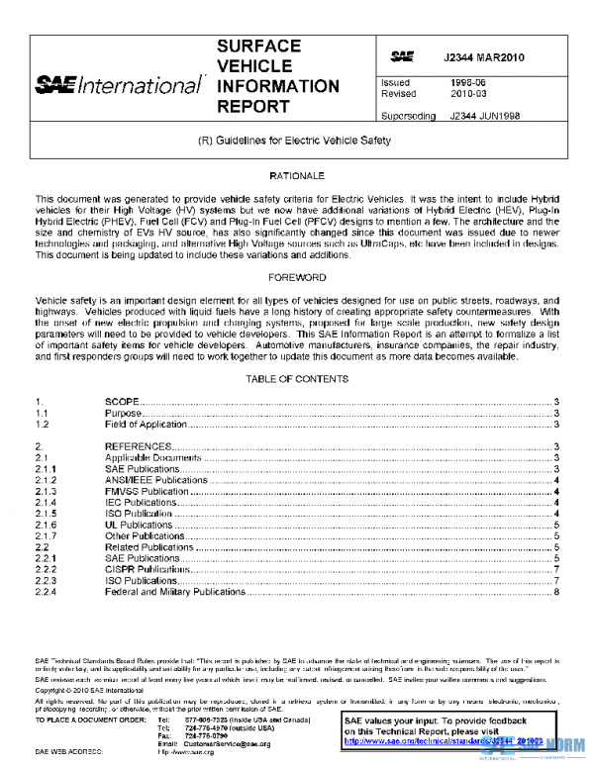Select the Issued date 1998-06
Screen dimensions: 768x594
[468, 83]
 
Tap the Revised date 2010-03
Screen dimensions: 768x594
[468, 95]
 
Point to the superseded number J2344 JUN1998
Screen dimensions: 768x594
[485, 116]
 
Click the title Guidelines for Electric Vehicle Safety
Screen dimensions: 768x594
[295, 141]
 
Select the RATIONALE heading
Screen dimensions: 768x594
[297, 175]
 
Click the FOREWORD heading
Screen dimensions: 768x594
[297, 278]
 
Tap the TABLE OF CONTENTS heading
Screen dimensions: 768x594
[297, 380]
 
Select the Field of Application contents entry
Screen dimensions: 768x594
[147, 425]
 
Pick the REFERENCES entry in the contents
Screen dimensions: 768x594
[138, 447]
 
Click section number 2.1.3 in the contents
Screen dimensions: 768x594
[47, 492]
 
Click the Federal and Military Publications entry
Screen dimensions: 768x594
[175, 592]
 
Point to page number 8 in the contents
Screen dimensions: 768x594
[557, 592]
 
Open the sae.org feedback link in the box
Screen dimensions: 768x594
[444, 739]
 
